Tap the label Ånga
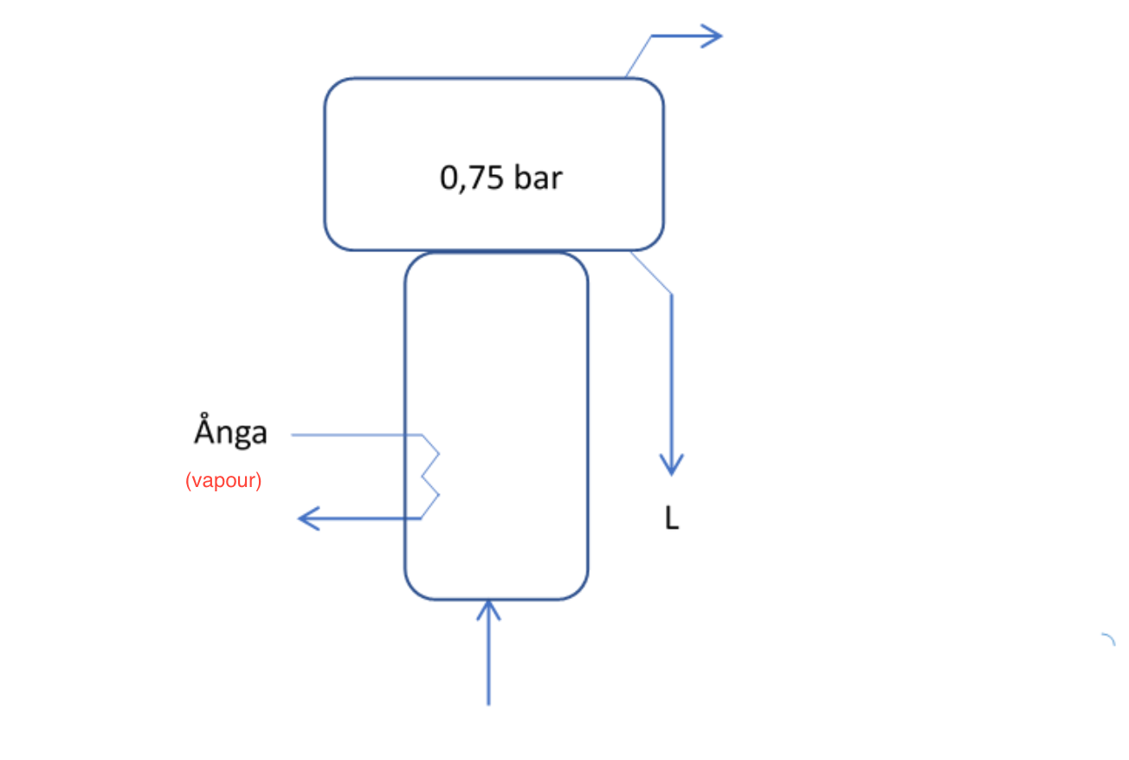tap(230, 432)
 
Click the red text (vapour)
tap(223, 480)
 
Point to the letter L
tap(671, 520)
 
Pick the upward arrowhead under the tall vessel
tap(489, 608)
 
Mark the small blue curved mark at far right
tap(1109, 640)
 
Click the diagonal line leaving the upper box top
tap(638, 57)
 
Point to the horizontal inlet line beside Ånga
tap(355, 434)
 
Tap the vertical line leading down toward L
tap(672, 373)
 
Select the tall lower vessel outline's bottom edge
tap(496, 599)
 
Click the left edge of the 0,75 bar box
tap(326, 165)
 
